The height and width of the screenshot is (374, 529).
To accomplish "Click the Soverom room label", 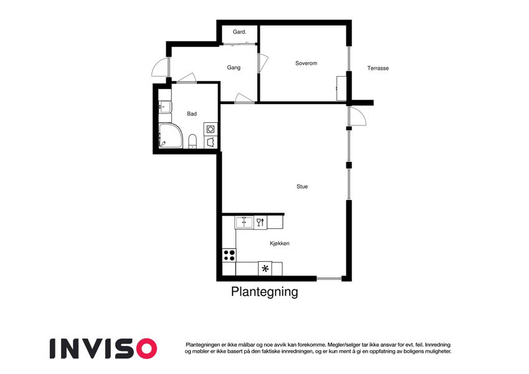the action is (306, 63).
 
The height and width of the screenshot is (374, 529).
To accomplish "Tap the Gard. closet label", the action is (239, 32).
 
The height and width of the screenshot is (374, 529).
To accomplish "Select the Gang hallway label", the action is (234, 67).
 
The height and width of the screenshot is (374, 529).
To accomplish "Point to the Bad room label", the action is (192, 113).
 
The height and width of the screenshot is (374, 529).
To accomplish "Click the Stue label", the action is (302, 186).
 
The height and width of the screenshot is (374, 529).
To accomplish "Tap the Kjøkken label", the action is (279, 243).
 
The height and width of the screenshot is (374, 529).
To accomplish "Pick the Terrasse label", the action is (378, 68).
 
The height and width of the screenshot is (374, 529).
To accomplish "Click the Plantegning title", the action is (264, 292).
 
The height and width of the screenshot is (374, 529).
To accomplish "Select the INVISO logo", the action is (103, 348).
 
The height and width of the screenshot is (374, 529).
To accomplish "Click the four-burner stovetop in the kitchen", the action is (229, 255).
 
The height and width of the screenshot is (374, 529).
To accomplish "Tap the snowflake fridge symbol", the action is (265, 269).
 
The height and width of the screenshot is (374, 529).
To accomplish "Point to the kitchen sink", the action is (244, 223).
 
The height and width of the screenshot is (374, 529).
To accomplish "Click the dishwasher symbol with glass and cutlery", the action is (260, 223).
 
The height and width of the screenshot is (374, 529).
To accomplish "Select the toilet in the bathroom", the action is (193, 141).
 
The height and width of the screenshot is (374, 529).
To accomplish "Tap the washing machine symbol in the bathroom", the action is (211, 129).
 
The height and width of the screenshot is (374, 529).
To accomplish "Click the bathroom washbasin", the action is (165, 107).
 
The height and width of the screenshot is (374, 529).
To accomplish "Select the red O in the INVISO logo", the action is (146, 348).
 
